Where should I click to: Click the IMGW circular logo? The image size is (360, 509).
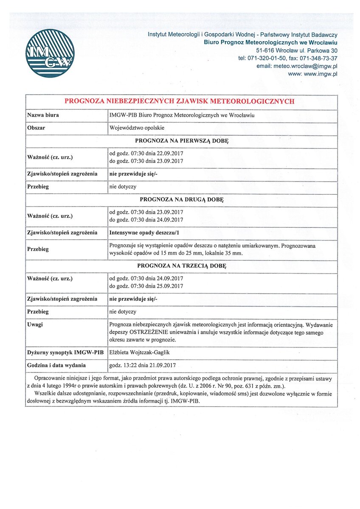point(50,53)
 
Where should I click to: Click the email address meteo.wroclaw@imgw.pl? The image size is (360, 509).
point(297,66)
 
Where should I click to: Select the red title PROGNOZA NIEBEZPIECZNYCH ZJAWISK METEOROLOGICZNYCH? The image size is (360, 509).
point(179,101)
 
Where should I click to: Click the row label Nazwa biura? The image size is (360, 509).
point(43,115)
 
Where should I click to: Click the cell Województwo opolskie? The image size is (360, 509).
point(137,128)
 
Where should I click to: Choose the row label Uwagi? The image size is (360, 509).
point(35,324)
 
